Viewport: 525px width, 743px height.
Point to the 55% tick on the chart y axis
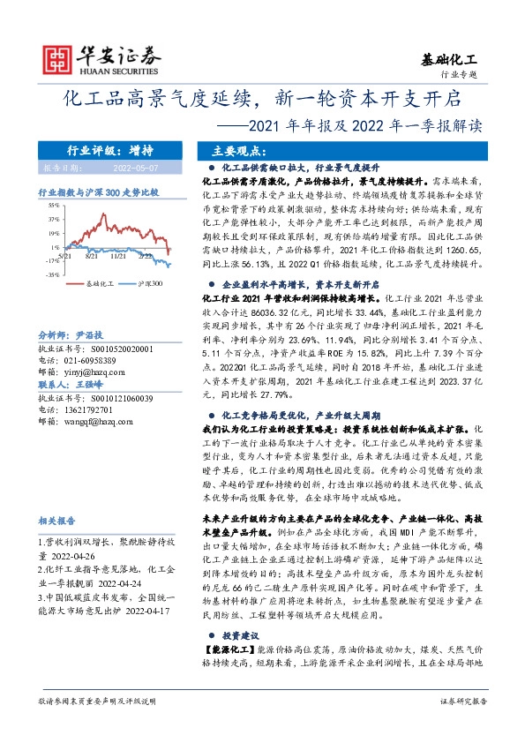point(54,203)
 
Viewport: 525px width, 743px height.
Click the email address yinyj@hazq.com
point(87,374)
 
